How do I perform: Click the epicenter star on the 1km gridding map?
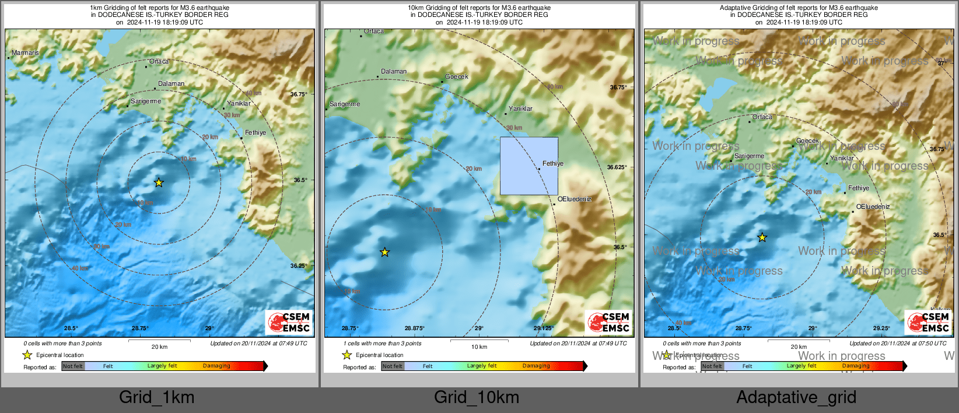[x=159, y=183]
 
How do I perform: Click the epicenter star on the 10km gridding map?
[x=384, y=252]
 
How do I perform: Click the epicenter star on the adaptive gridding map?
[x=762, y=237]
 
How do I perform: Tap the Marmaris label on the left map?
[x=25, y=53]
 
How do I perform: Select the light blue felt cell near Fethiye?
[x=528, y=166]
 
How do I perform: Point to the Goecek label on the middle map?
[x=457, y=77]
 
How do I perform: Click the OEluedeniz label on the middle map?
[x=574, y=199]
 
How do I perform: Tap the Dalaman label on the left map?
[x=171, y=84]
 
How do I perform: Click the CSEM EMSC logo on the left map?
[x=289, y=322]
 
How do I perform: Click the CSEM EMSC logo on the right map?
[x=929, y=322]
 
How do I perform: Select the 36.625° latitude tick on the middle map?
[x=617, y=167]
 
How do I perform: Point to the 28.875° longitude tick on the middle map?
[x=414, y=328]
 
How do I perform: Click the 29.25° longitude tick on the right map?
[x=881, y=328]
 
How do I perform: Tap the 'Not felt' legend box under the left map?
[x=73, y=366]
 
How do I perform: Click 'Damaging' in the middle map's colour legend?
[x=536, y=366]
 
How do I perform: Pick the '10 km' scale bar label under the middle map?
[x=479, y=347]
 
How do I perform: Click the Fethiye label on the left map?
[x=255, y=133]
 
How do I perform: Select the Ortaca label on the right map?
[x=762, y=117]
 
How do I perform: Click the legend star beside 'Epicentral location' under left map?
[x=27, y=355]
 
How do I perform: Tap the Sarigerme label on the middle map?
[x=345, y=104]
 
